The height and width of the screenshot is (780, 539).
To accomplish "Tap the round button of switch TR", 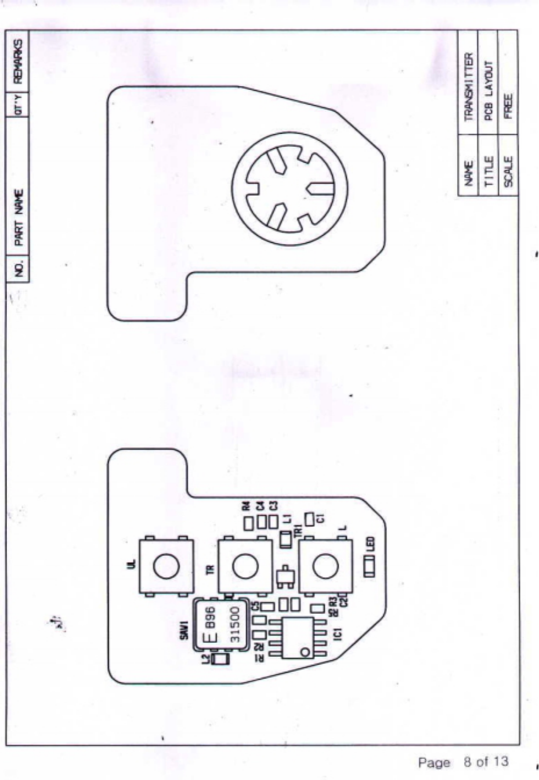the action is pos(245,566).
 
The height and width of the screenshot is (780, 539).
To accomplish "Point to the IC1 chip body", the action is pos(298,638).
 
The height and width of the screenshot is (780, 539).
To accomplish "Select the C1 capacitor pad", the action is pos(310,517).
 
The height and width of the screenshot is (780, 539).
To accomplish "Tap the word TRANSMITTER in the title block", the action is pos(469,87).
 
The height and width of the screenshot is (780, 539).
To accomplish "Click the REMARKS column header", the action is pos(18,60).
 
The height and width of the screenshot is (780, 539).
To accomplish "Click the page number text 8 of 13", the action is pos(486,761).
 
